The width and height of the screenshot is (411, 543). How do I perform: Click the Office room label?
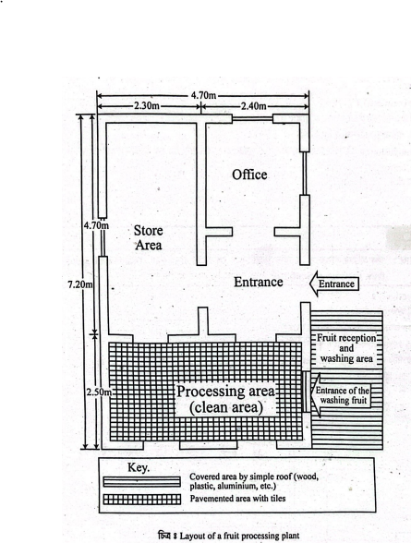(x=249, y=175)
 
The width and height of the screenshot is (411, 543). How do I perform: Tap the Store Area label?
(x=148, y=238)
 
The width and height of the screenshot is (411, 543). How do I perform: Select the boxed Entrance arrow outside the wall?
(x=333, y=284)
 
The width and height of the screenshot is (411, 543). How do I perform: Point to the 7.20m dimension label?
(x=80, y=284)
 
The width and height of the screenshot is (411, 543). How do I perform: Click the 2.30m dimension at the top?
(x=147, y=106)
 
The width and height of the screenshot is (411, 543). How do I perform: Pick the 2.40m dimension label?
(x=253, y=106)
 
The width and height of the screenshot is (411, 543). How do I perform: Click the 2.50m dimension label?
(x=99, y=392)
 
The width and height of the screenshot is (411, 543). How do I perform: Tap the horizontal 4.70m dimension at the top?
(x=203, y=95)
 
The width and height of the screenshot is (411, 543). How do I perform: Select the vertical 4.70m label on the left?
(x=96, y=225)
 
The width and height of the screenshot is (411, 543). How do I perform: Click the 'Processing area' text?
(x=225, y=392)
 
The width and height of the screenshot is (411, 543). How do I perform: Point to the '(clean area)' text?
(x=225, y=407)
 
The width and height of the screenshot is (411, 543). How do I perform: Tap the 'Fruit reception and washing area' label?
(x=346, y=348)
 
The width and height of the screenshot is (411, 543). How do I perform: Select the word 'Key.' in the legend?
(x=139, y=468)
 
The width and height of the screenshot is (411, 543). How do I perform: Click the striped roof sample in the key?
(x=141, y=482)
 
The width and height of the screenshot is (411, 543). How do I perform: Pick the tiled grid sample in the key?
(x=142, y=499)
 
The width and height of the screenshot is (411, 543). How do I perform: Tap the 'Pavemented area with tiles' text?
(x=237, y=499)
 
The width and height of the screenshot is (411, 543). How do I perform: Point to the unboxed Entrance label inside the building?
(x=259, y=282)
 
